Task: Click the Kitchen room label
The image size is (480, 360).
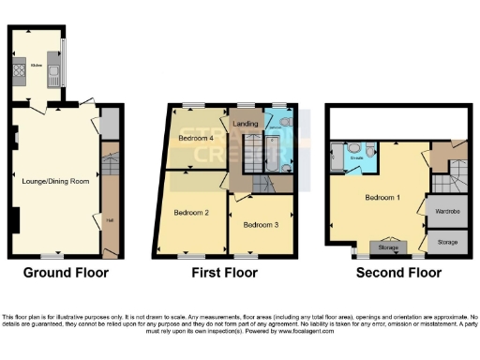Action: [37, 66]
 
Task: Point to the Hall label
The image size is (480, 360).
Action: [111, 220]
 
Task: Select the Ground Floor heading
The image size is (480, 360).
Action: [66, 274]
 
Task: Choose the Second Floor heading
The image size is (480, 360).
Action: [397, 274]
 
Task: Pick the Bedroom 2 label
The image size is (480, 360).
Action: [191, 212]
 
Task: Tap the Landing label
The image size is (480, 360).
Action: [246, 124]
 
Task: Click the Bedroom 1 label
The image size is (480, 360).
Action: [382, 198]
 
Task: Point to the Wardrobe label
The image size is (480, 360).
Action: [447, 212]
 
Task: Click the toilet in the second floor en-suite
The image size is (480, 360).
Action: [371, 150]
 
